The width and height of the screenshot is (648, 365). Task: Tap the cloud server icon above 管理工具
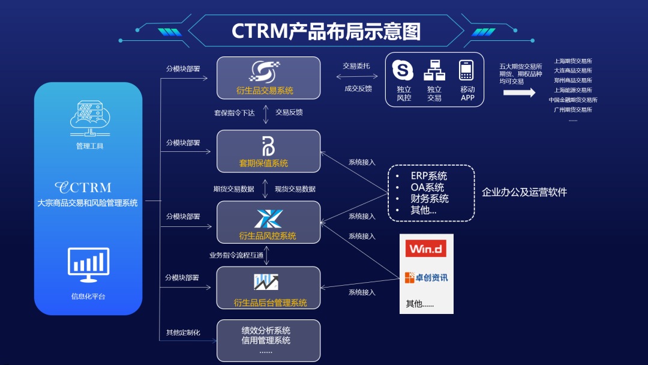point(89,118)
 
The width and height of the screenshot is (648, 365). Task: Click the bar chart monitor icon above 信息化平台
point(89,265)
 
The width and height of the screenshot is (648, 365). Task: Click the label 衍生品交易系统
point(265,91)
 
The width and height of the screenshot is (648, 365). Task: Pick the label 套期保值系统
point(263,163)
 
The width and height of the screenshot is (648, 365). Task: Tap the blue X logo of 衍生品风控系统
point(268,219)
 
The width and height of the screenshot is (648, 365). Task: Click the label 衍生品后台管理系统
point(270,303)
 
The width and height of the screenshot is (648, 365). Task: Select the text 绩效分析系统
point(266,330)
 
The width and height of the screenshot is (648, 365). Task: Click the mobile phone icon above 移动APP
point(466,70)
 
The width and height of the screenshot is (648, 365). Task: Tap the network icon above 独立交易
point(434,70)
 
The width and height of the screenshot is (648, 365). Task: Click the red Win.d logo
point(426,248)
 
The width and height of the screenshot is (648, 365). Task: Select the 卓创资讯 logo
point(426,277)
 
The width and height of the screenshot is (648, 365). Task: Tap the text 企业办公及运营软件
point(524,192)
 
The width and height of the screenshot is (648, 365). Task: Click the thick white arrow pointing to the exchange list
point(519,92)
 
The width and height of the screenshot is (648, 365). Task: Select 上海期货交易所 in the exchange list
point(572,61)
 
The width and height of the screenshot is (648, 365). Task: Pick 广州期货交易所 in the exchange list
point(572,109)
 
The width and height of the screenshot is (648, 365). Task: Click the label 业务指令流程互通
point(236,255)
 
